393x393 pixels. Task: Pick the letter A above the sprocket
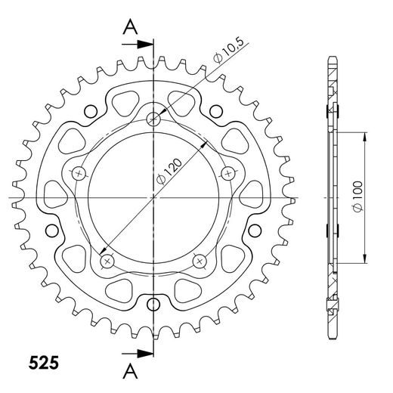[131, 27]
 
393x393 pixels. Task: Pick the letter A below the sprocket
[131, 370]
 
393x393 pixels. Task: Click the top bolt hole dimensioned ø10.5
[154, 118]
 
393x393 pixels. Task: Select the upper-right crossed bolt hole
[225, 173]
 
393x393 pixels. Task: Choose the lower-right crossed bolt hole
[200, 261]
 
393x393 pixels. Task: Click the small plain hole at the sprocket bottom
[153, 305]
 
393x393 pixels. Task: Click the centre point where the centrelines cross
[153, 197]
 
